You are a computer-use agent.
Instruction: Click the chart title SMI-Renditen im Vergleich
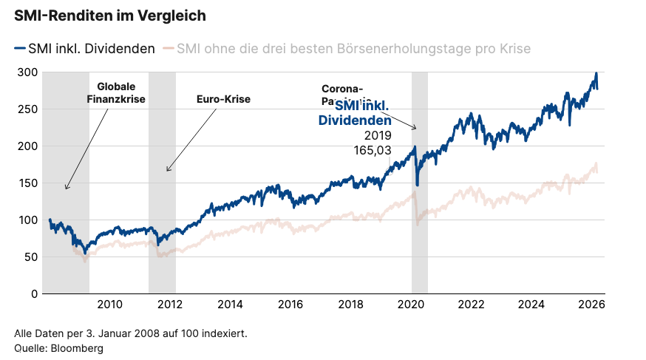pos(109,15)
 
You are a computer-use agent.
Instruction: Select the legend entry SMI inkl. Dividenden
pos(84,49)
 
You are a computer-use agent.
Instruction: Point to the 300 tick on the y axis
pos(28,72)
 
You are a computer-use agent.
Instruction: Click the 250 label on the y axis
pos(28,109)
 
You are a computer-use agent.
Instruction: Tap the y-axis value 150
pos(28,183)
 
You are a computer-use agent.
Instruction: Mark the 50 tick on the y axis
pos(31,257)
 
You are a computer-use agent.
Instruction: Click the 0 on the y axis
pos(34,293)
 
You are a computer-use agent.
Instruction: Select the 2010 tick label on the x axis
pos(109,305)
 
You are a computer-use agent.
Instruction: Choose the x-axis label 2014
pos(231,305)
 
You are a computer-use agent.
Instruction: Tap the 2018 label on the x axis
pos(351,305)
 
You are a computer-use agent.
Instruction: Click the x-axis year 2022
pos(471,305)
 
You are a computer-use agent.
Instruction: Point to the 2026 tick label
pos(591,305)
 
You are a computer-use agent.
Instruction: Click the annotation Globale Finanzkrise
pos(116,93)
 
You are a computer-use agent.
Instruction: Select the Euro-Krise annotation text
pos(223,99)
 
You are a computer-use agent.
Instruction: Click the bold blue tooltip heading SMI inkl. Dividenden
pos(356,114)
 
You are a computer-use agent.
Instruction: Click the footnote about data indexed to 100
pos(130,333)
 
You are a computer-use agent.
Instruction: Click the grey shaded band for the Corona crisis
pos(419,222)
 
